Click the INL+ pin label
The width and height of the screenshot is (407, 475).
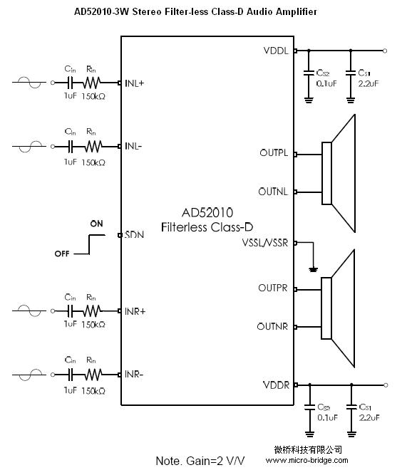(x=134, y=83)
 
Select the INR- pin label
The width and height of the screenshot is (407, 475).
(x=133, y=375)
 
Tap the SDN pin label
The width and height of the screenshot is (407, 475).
(x=134, y=235)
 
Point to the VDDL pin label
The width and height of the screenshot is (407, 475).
(x=276, y=51)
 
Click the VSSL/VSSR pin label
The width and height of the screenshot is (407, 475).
(x=265, y=243)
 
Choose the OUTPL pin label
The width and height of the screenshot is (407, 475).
(x=274, y=152)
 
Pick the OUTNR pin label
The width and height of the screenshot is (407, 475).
(x=272, y=327)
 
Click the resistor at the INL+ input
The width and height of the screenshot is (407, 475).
(x=92, y=83)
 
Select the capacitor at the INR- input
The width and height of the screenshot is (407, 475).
(x=71, y=375)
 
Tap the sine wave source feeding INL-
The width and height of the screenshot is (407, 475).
(x=29, y=146)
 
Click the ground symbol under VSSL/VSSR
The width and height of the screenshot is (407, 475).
(x=314, y=269)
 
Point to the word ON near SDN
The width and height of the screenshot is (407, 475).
(x=96, y=224)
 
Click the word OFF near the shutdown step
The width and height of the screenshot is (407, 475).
(x=62, y=254)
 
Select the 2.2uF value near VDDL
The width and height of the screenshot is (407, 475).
(x=369, y=83)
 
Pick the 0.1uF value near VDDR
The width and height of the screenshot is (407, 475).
(x=328, y=418)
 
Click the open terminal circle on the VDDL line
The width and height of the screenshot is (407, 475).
(x=385, y=51)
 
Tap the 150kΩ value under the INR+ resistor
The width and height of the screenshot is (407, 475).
(x=93, y=325)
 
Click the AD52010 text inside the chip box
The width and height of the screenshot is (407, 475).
(x=207, y=213)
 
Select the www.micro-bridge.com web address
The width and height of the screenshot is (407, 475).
(x=307, y=461)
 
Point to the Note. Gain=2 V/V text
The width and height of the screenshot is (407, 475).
(x=200, y=461)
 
